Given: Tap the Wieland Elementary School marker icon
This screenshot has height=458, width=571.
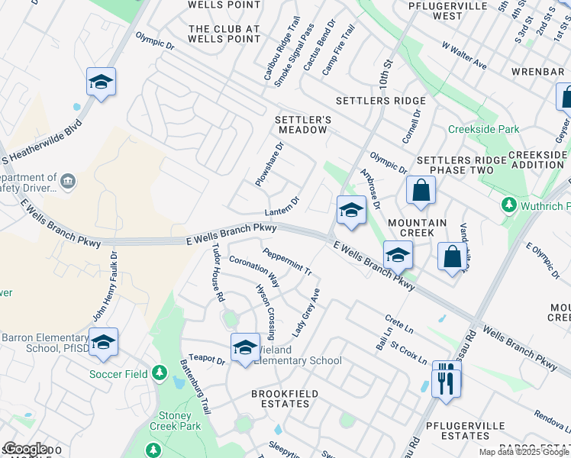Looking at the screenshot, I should pyautogui.click(x=245, y=347).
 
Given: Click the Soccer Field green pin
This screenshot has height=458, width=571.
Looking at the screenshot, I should pyautogui.click(x=159, y=373).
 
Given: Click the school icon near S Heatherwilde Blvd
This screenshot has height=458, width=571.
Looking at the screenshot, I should pyautogui.click(x=100, y=82).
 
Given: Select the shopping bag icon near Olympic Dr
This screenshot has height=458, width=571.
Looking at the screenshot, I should pyautogui.click(x=421, y=191).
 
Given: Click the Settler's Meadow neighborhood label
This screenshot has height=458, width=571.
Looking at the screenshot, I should pyautogui.click(x=302, y=124).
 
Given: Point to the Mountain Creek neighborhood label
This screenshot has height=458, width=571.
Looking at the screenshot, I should pyautogui.click(x=418, y=223).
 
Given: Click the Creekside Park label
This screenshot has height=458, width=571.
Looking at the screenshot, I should pyautogui.click(x=484, y=130).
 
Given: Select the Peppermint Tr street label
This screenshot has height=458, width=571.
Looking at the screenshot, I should pyautogui.click(x=287, y=261).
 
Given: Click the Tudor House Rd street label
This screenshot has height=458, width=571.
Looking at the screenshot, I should pyautogui.click(x=218, y=272).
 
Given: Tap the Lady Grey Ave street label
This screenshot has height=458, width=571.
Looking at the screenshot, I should pyautogui.click(x=306, y=312).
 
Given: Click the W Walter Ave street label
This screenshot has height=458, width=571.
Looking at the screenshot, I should pyautogui.click(x=464, y=55).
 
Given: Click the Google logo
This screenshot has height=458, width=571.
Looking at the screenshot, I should pyautogui.click(x=24, y=449).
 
